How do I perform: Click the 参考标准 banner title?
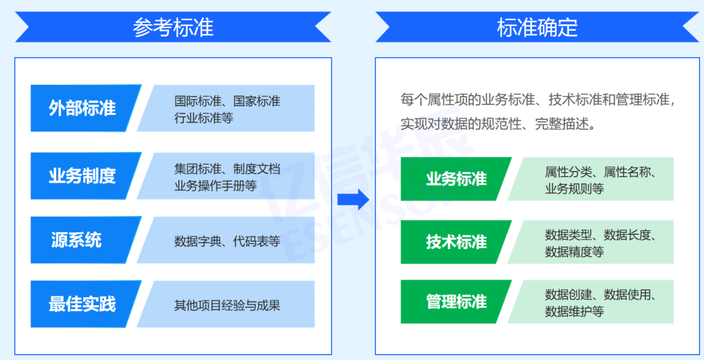[x=173, y=27]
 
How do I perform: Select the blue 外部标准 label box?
[x=83, y=108]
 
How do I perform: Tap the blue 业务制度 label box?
[x=83, y=175]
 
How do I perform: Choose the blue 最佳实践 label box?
[x=83, y=304]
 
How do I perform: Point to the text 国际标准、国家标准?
[x=227, y=101]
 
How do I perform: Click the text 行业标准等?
[x=203, y=118]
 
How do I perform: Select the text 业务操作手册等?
[x=215, y=185]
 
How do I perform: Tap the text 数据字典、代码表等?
[x=227, y=241]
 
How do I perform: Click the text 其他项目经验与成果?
[x=227, y=305]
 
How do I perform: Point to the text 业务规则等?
[x=574, y=188]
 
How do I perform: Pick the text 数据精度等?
[x=574, y=251]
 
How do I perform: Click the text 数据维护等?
[x=574, y=311]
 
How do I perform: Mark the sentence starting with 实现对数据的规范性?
[x=499, y=124]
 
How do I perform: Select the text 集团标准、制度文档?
[x=227, y=169]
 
